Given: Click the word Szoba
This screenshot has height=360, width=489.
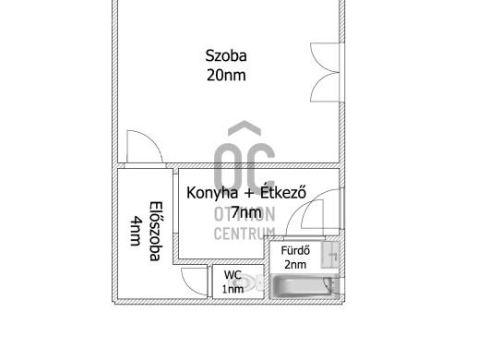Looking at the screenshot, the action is pos(226,55).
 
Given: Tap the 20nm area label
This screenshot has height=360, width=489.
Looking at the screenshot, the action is pos(226,75).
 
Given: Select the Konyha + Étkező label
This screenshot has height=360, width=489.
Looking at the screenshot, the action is pos(246,193).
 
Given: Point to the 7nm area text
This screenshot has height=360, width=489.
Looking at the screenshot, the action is pos(246,212).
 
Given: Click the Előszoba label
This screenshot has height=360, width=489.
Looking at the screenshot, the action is pos(156,231).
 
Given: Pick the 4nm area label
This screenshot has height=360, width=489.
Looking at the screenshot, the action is pos(136,231).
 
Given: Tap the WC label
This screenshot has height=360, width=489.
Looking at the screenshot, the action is pos(233,275).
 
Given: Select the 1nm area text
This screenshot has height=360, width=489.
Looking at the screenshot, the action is pos(233,289).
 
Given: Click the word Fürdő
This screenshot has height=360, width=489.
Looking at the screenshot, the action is pos(295,250).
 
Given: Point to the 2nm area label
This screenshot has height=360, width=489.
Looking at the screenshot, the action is pos(295,265).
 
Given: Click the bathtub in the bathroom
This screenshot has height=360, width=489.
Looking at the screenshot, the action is pos(302,286).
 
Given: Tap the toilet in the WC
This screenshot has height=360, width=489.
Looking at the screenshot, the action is pos(253,282).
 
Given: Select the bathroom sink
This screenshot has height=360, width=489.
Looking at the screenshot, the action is pos(330,255).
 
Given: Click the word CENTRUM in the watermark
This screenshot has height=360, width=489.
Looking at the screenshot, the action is pos(244,234).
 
